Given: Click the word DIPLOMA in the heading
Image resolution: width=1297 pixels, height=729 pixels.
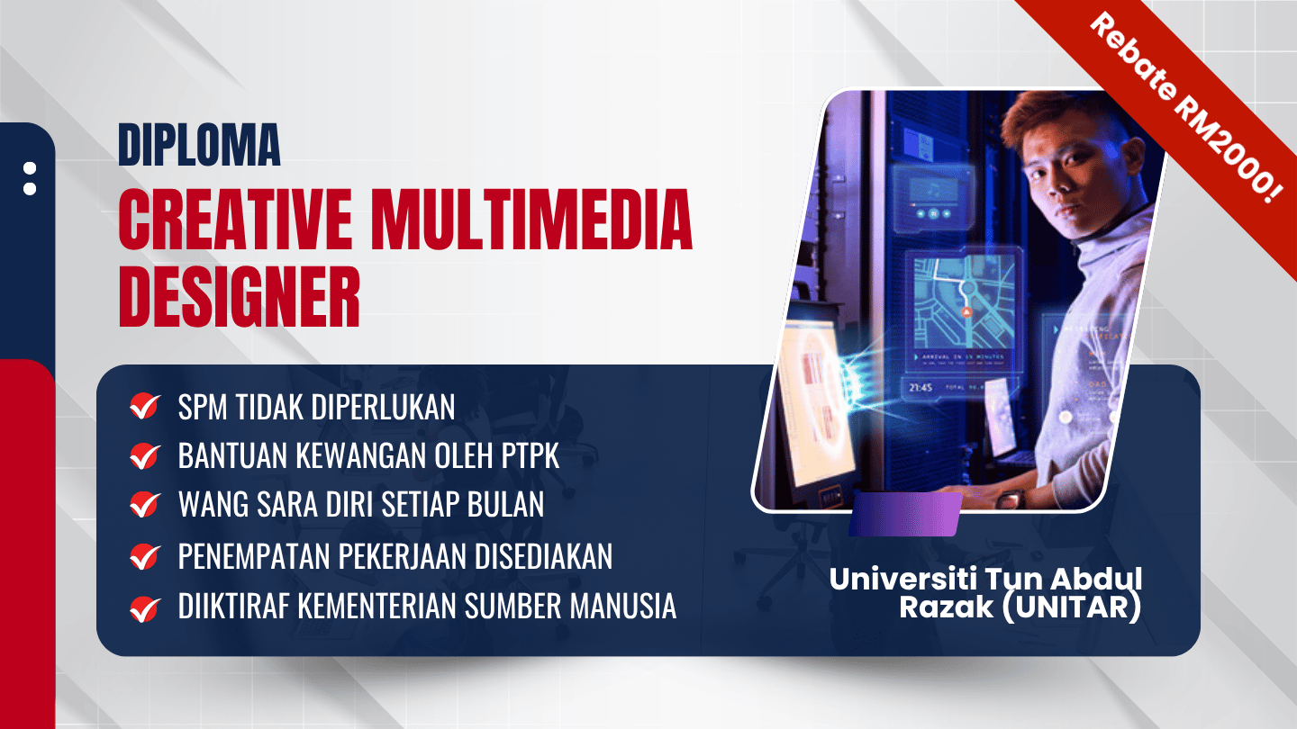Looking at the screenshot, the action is pyautogui.click(x=199, y=145).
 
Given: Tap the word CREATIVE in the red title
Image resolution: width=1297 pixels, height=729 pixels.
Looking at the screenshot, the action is pyautogui.click(x=235, y=220).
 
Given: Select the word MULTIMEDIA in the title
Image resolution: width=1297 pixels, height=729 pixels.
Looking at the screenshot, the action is pyautogui.click(x=531, y=220).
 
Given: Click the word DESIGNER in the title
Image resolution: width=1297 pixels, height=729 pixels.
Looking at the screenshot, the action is pyautogui.click(x=240, y=297).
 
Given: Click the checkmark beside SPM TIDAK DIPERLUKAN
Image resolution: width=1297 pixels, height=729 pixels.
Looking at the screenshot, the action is pyautogui.click(x=145, y=406).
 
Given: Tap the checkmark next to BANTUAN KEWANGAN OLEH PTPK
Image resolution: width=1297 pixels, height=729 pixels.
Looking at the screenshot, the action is pyautogui.click(x=145, y=456).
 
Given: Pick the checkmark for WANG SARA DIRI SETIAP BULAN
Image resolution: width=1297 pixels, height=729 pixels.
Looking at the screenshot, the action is pyautogui.click(x=145, y=505).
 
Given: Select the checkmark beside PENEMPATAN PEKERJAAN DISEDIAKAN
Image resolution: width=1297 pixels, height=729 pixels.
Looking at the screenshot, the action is pyautogui.click(x=145, y=556).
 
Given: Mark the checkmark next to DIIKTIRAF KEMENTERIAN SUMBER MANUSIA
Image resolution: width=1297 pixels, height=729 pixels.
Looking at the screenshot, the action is pyautogui.click(x=145, y=608).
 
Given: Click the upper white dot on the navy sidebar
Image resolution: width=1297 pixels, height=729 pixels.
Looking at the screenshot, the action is pyautogui.click(x=30, y=168).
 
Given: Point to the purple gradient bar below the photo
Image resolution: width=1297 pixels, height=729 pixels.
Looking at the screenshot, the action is pyautogui.click(x=905, y=515).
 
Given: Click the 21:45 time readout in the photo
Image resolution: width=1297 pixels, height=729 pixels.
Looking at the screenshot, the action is pyautogui.click(x=921, y=387).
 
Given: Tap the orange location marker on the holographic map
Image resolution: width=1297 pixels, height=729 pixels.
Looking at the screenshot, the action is pyautogui.click(x=966, y=312).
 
